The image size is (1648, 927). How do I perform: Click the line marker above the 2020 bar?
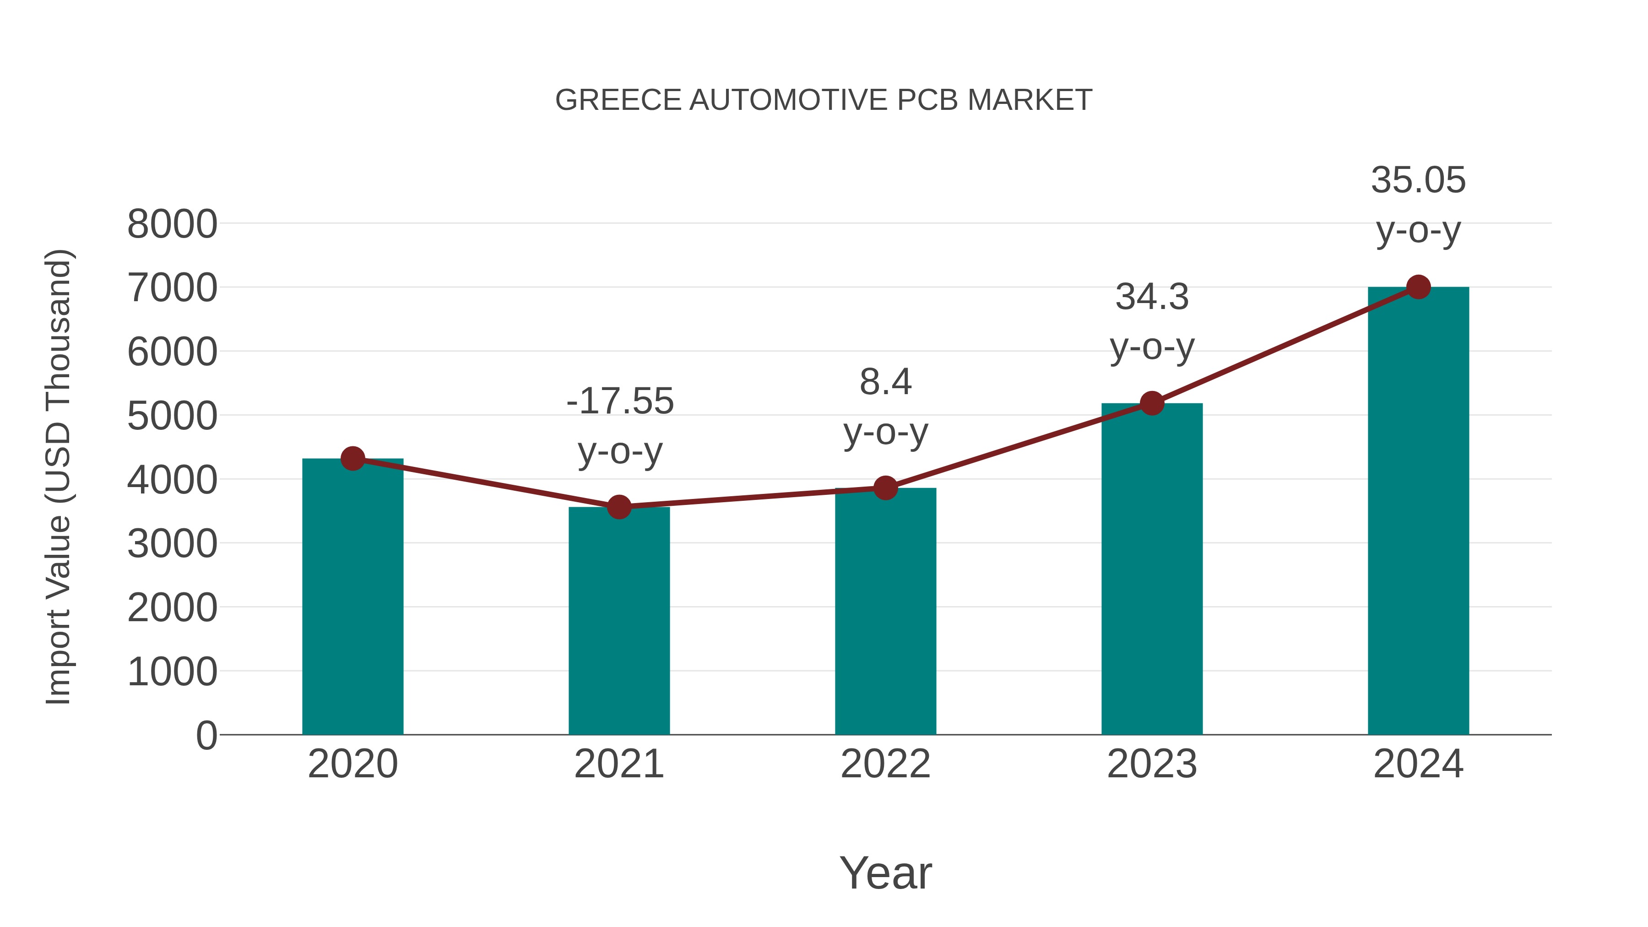pos(352,458)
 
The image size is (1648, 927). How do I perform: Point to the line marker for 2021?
pos(618,507)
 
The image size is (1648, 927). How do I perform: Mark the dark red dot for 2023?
pos(1152,403)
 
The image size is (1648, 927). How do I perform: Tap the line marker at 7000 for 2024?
pos(1418,287)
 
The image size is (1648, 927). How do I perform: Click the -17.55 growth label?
pos(620,401)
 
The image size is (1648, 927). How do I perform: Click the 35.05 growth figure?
pos(1418,180)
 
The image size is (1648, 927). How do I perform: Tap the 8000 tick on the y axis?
pos(172,225)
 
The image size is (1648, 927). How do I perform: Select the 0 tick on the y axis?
pos(206,735)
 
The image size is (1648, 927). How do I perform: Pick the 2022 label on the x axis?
pos(885,764)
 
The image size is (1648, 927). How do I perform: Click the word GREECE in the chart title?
pos(618,100)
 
